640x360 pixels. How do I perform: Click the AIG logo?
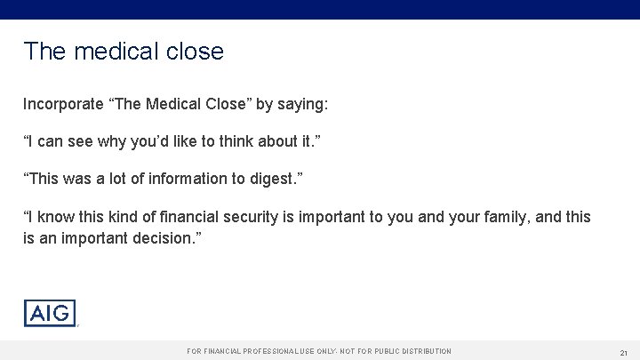click(x=50, y=313)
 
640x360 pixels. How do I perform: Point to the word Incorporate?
click(x=63, y=104)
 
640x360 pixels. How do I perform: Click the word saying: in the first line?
click(x=303, y=104)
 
